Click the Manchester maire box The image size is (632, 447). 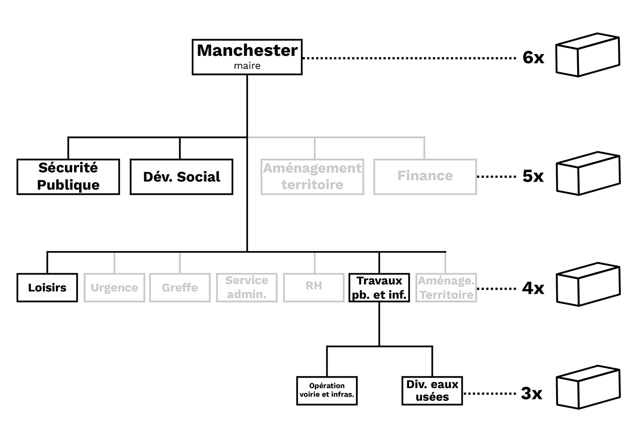click(247, 57)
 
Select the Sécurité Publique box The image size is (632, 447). click(68, 176)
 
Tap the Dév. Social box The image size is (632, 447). click(182, 176)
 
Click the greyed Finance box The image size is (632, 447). click(425, 176)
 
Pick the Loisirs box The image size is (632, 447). click(47, 288)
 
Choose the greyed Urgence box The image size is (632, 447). click(114, 288)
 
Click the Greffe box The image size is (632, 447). click(180, 288)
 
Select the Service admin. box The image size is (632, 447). click(247, 288)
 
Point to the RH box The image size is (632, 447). click(314, 288)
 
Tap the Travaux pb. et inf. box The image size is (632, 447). click(379, 288)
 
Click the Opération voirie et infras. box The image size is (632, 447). click(327, 391)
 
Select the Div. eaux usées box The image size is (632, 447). click(432, 391)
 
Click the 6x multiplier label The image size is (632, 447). click(533, 58)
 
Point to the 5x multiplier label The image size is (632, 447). click(533, 176)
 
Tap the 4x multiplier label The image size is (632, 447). click(533, 288)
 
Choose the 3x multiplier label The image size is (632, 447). click(531, 393)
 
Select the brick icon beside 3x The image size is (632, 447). click(589, 387)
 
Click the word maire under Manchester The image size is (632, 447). click(247, 66)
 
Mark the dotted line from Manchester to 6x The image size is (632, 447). click(410, 58)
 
